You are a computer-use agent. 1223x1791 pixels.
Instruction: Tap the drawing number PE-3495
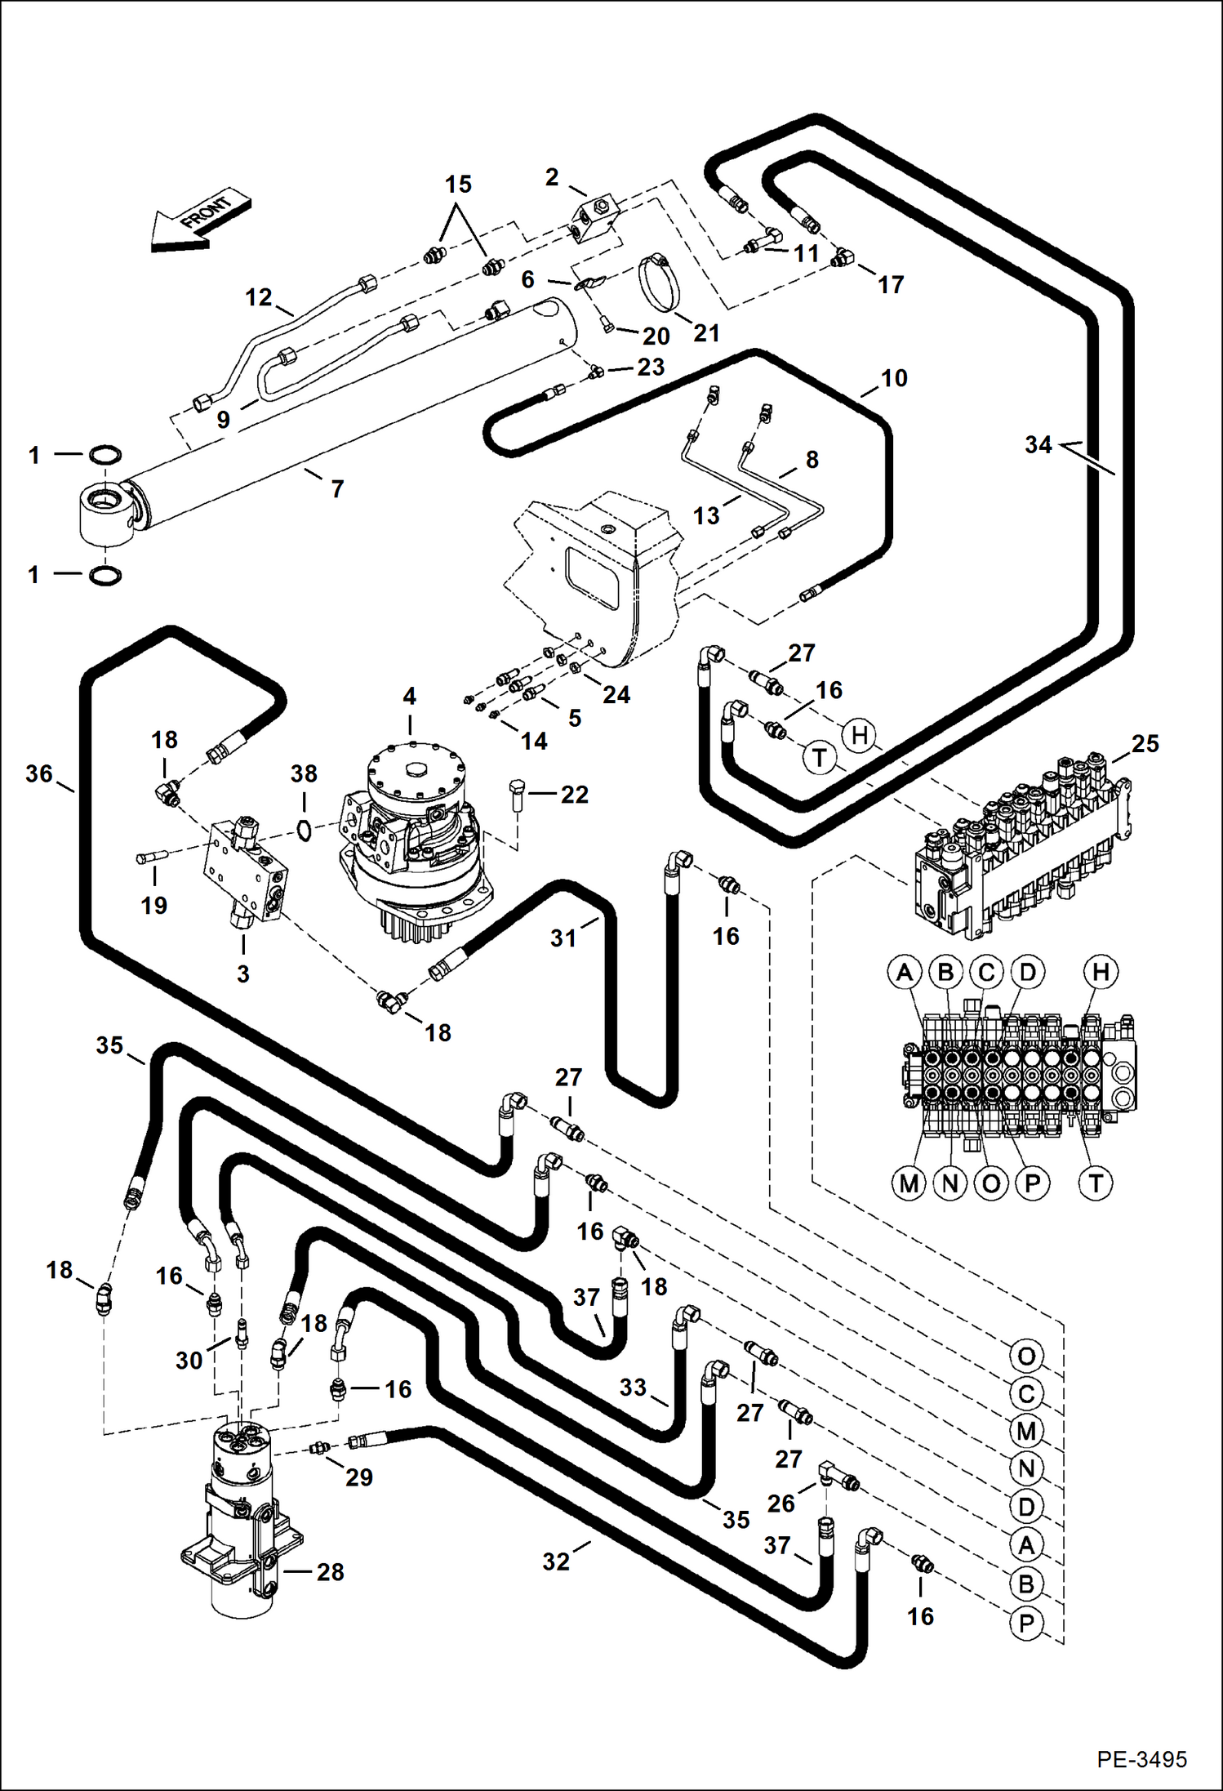click(x=1141, y=1758)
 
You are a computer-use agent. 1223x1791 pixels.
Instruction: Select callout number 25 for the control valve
click(x=1145, y=743)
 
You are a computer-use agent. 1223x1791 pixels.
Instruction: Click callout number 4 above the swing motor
click(x=409, y=696)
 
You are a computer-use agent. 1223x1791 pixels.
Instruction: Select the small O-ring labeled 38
click(x=304, y=830)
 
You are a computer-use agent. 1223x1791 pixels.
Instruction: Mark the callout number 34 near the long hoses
click(x=1038, y=445)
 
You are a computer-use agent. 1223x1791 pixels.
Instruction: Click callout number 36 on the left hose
click(x=38, y=773)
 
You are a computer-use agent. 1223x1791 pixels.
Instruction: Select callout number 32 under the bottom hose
click(x=556, y=1561)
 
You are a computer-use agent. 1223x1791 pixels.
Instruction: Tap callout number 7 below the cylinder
click(x=337, y=488)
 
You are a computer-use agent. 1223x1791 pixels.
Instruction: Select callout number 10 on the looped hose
click(x=894, y=378)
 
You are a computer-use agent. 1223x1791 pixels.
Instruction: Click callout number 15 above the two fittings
click(x=458, y=185)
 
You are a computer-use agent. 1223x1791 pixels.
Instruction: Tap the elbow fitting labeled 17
click(x=841, y=260)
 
